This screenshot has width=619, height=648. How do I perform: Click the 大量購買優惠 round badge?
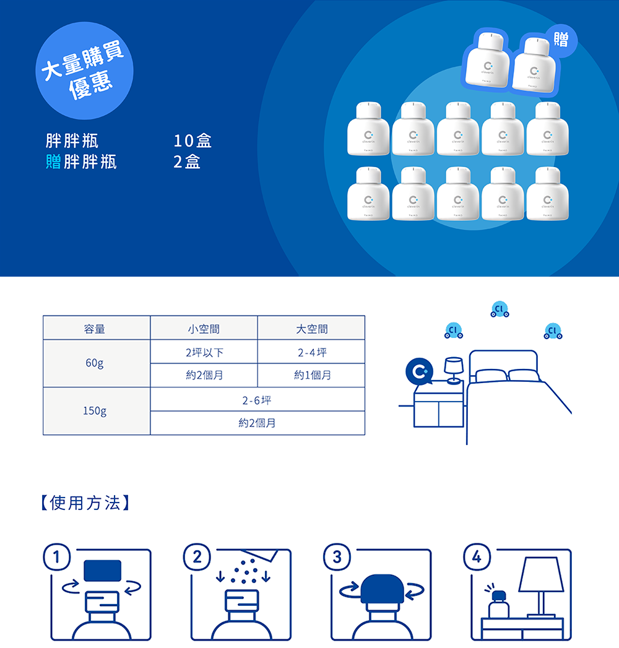85,71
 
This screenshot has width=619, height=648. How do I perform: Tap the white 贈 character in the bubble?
561,41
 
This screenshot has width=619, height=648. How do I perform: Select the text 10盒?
193,141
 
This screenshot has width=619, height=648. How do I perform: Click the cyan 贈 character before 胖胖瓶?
53,162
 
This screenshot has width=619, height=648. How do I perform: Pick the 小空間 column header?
204,329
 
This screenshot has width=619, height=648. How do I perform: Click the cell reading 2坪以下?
204,352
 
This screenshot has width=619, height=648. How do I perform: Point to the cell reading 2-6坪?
257,400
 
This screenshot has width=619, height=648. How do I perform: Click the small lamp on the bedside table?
454,369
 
